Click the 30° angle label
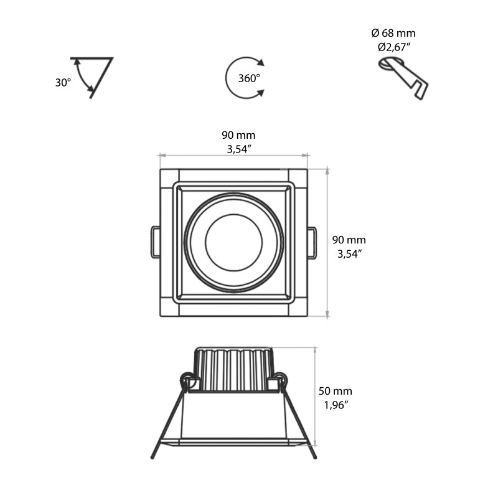click(63, 82)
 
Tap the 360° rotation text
click(249, 78)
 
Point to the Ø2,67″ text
click(393, 47)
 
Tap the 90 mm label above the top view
click(238, 135)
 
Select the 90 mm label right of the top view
click(349, 240)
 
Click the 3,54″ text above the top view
click(238, 149)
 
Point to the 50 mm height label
click(336, 392)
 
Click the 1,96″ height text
click(336, 405)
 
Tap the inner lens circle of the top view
click(233, 243)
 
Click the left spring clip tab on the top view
click(154, 242)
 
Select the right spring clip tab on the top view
click(312, 242)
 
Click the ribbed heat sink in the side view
click(233, 369)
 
